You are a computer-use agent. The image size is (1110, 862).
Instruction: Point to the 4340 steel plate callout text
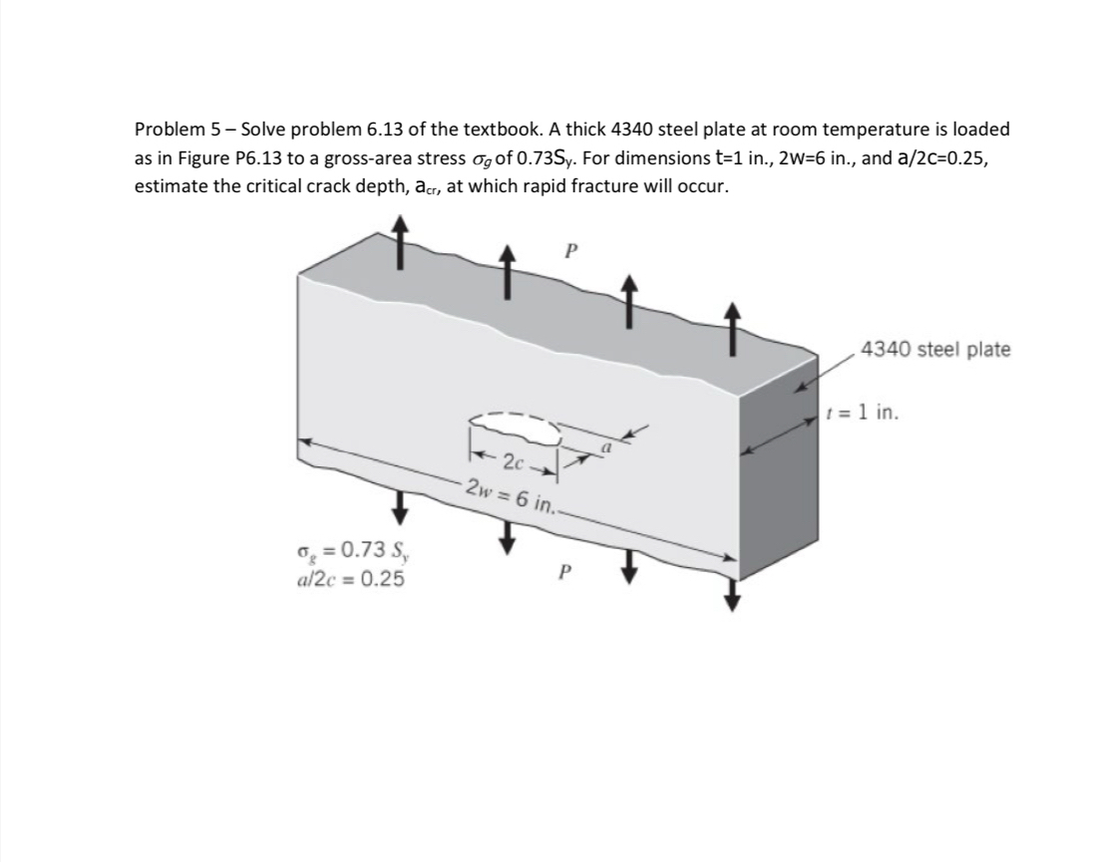(934, 350)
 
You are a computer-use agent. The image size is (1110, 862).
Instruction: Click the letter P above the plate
(570, 251)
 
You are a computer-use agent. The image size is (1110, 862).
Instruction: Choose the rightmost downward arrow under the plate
(734, 595)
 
